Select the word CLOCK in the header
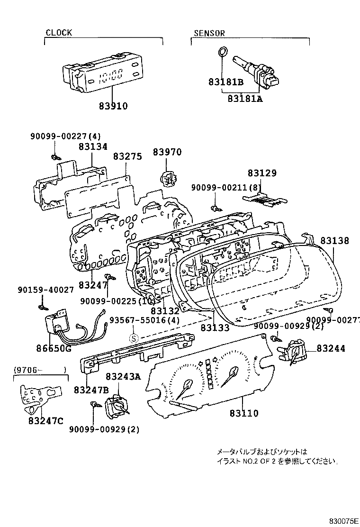point(59,33)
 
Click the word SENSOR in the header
point(209,33)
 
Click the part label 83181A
point(245,99)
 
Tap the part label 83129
point(262,173)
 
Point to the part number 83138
point(334,241)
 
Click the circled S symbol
point(134,338)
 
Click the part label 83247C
point(45,419)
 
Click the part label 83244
point(331,349)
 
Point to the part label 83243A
point(123,376)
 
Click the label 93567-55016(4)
point(137,320)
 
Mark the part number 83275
point(127,156)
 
